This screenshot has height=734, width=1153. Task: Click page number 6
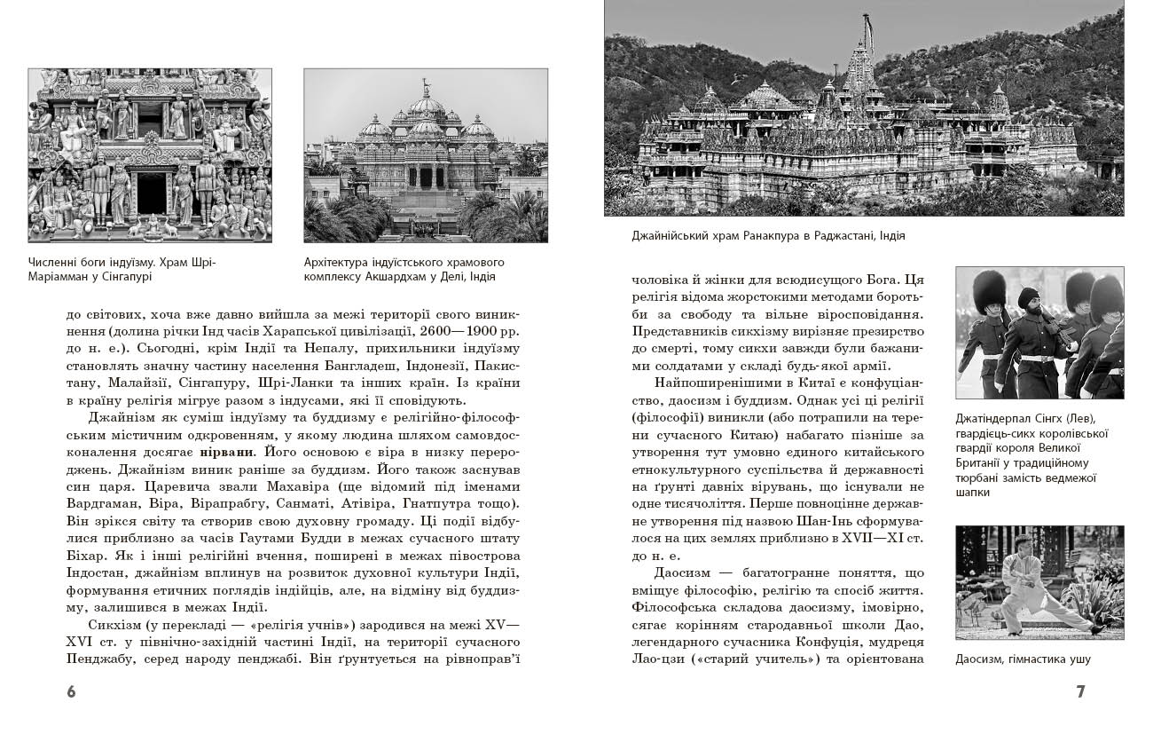pyautogui.click(x=72, y=691)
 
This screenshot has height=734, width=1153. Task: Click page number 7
pyautogui.click(x=1080, y=691)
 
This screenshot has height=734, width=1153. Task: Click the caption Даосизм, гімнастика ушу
pyautogui.click(x=1023, y=659)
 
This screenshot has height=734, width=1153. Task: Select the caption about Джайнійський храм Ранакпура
pyautogui.click(x=768, y=236)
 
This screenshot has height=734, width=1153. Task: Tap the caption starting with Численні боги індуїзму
pyautogui.click(x=122, y=269)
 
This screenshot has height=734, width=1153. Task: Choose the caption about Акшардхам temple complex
pyautogui.click(x=404, y=269)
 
